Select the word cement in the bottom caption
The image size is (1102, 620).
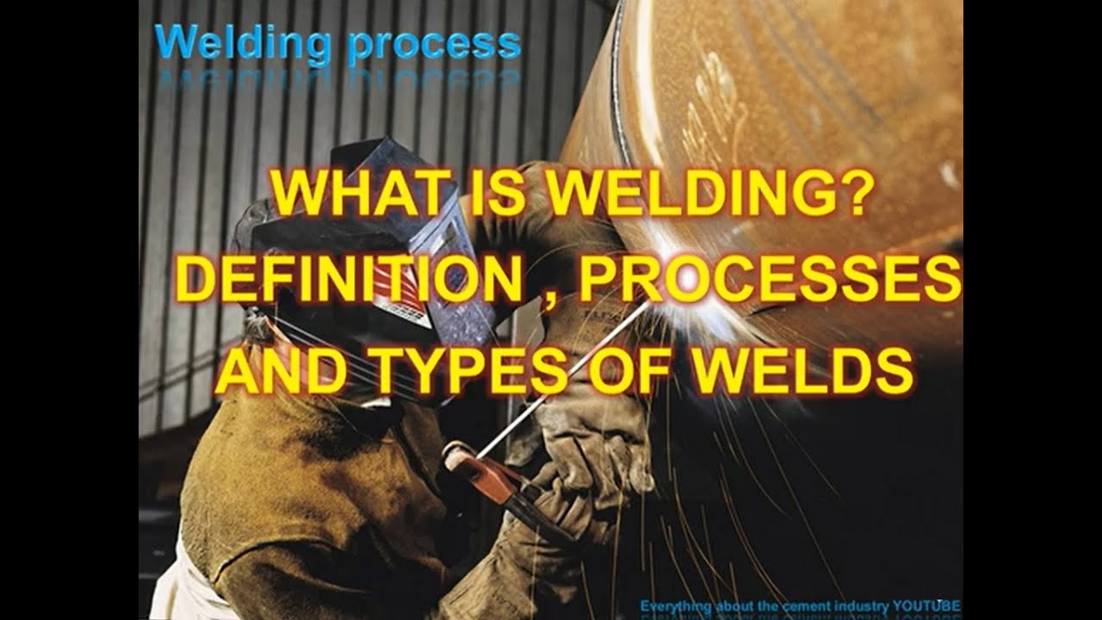782,606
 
